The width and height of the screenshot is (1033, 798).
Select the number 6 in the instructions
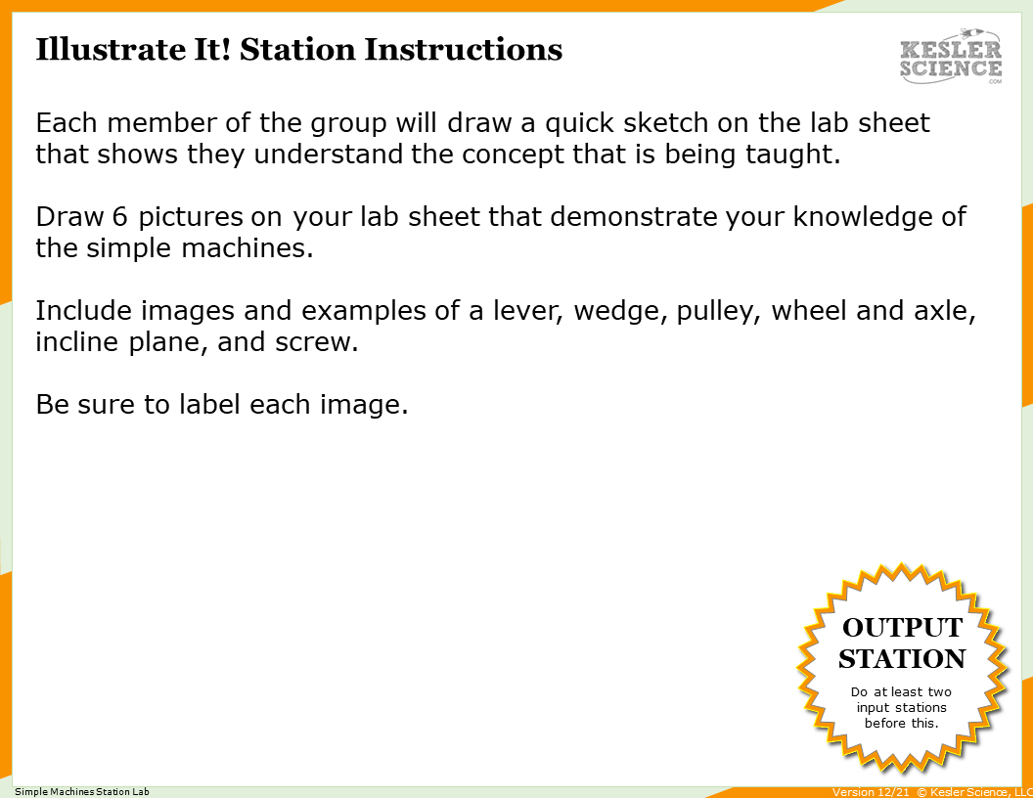pos(112,216)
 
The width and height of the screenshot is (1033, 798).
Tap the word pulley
pos(718,311)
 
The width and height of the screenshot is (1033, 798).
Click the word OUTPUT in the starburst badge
pos(902,627)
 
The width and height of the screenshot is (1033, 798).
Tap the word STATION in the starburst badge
pos(902,658)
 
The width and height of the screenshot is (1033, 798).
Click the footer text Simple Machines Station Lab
pos(82,791)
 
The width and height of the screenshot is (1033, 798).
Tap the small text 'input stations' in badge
pos(901,707)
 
